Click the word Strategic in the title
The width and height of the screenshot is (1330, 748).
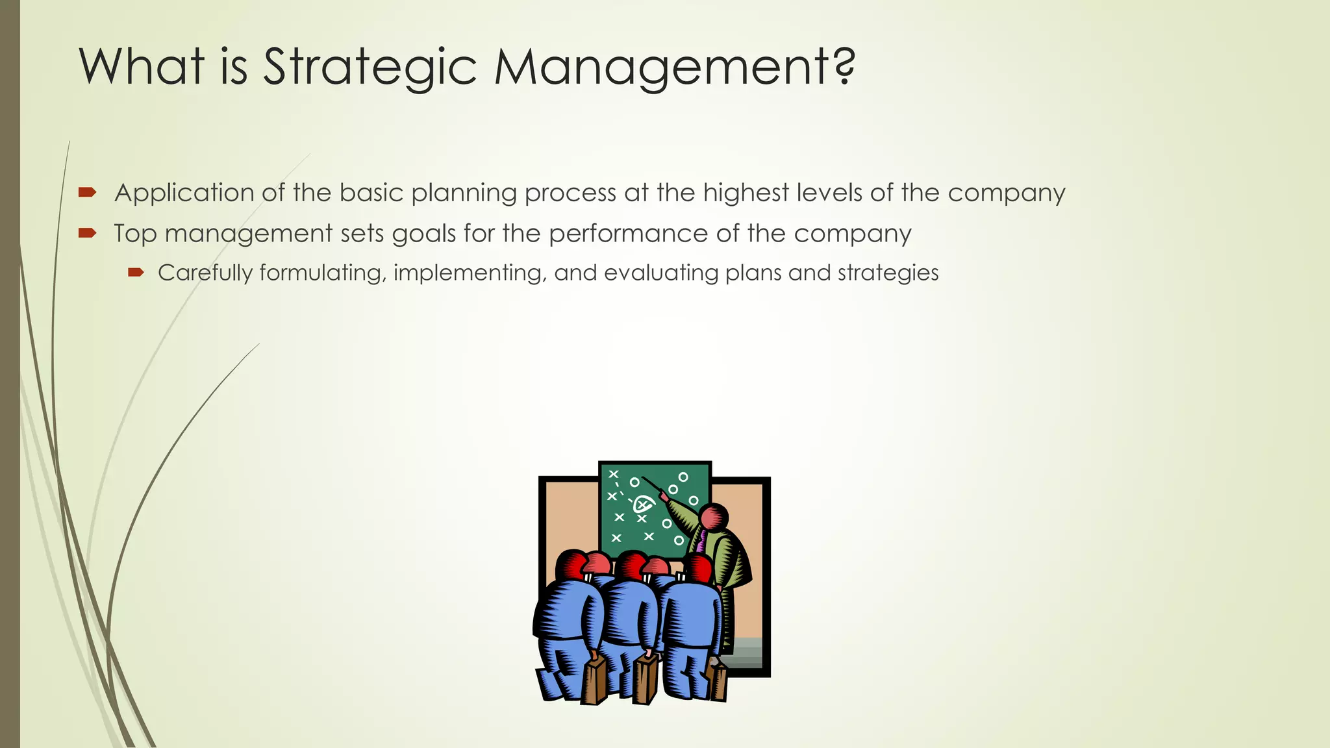[x=370, y=67]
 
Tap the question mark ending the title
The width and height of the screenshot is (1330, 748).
[x=844, y=67]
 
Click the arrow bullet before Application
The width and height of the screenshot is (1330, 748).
[x=87, y=192]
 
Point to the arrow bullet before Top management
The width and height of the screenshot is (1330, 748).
[x=87, y=233]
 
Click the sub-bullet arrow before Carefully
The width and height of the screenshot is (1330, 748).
[x=136, y=273]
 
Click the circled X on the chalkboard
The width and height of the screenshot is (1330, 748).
[x=643, y=503]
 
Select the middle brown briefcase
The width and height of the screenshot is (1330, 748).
[x=646, y=679]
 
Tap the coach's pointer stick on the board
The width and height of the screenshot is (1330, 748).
[x=653, y=487]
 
